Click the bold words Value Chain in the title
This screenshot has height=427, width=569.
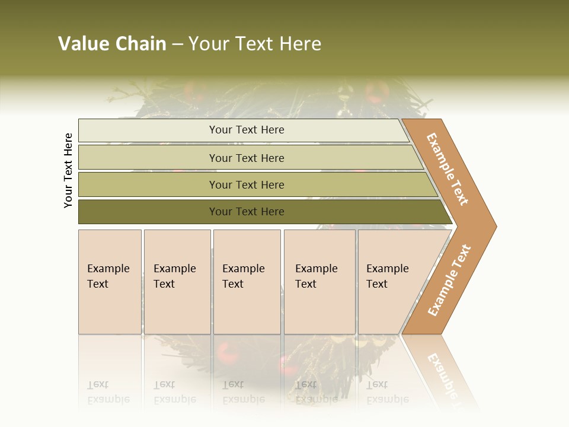click(x=112, y=44)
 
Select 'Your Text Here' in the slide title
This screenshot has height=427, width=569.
click(x=255, y=44)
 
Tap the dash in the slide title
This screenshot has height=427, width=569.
click(x=177, y=44)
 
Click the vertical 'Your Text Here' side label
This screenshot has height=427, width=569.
click(x=68, y=170)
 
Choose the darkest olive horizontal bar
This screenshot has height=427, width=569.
click(x=148, y=212)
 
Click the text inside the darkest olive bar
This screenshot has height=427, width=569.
click(x=247, y=212)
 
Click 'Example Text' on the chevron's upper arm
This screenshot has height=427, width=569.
click(x=447, y=169)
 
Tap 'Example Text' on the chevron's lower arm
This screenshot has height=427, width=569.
click(x=449, y=280)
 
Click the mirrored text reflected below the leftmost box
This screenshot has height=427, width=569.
click(x=108, y=392)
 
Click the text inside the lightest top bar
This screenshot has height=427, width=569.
click(x=247, y=130)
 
